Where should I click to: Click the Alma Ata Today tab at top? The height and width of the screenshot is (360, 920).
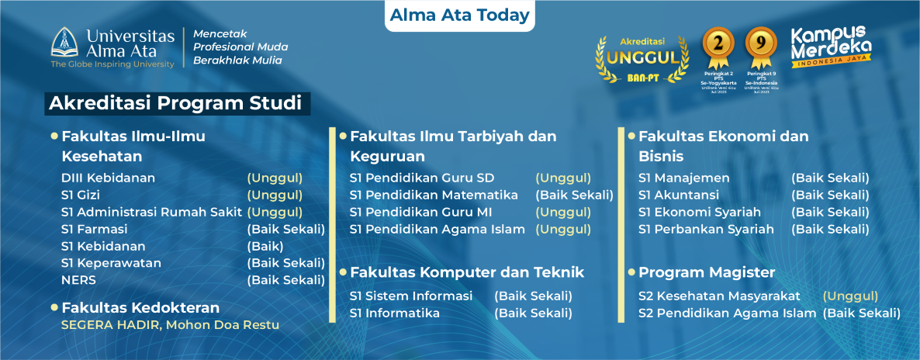(x=459, y=15)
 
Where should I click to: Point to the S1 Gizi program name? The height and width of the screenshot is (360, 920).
(x=81, y=195)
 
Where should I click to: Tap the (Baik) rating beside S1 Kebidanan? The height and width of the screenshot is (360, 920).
(x=265, y=246)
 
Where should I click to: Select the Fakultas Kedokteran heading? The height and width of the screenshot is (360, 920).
(x=140, y=307)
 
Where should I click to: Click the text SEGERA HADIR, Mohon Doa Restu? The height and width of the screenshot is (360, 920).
(x=170, y=324)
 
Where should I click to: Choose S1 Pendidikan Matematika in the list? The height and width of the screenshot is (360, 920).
(x=434, y=195)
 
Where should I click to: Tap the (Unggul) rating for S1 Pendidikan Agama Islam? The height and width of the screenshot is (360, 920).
(x=563, y=229)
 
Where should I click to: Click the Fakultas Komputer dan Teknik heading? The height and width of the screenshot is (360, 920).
(x=467, y=272)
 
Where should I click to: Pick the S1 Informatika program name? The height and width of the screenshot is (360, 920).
(x=395, y=313)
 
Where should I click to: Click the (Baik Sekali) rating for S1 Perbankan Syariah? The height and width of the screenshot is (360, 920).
(x=830, y=229)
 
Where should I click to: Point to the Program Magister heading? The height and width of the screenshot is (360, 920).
(x=707, y=272)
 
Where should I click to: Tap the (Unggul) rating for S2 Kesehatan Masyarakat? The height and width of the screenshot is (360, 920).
(x=850, y=296)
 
